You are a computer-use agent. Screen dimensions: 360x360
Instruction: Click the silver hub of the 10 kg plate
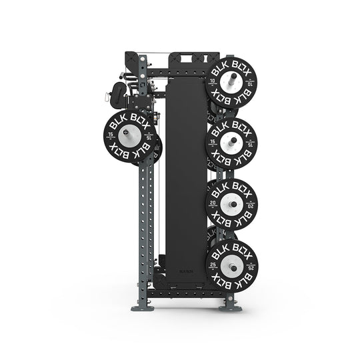coord(232,84)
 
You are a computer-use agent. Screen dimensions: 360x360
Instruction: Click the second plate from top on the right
coord(232,142)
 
